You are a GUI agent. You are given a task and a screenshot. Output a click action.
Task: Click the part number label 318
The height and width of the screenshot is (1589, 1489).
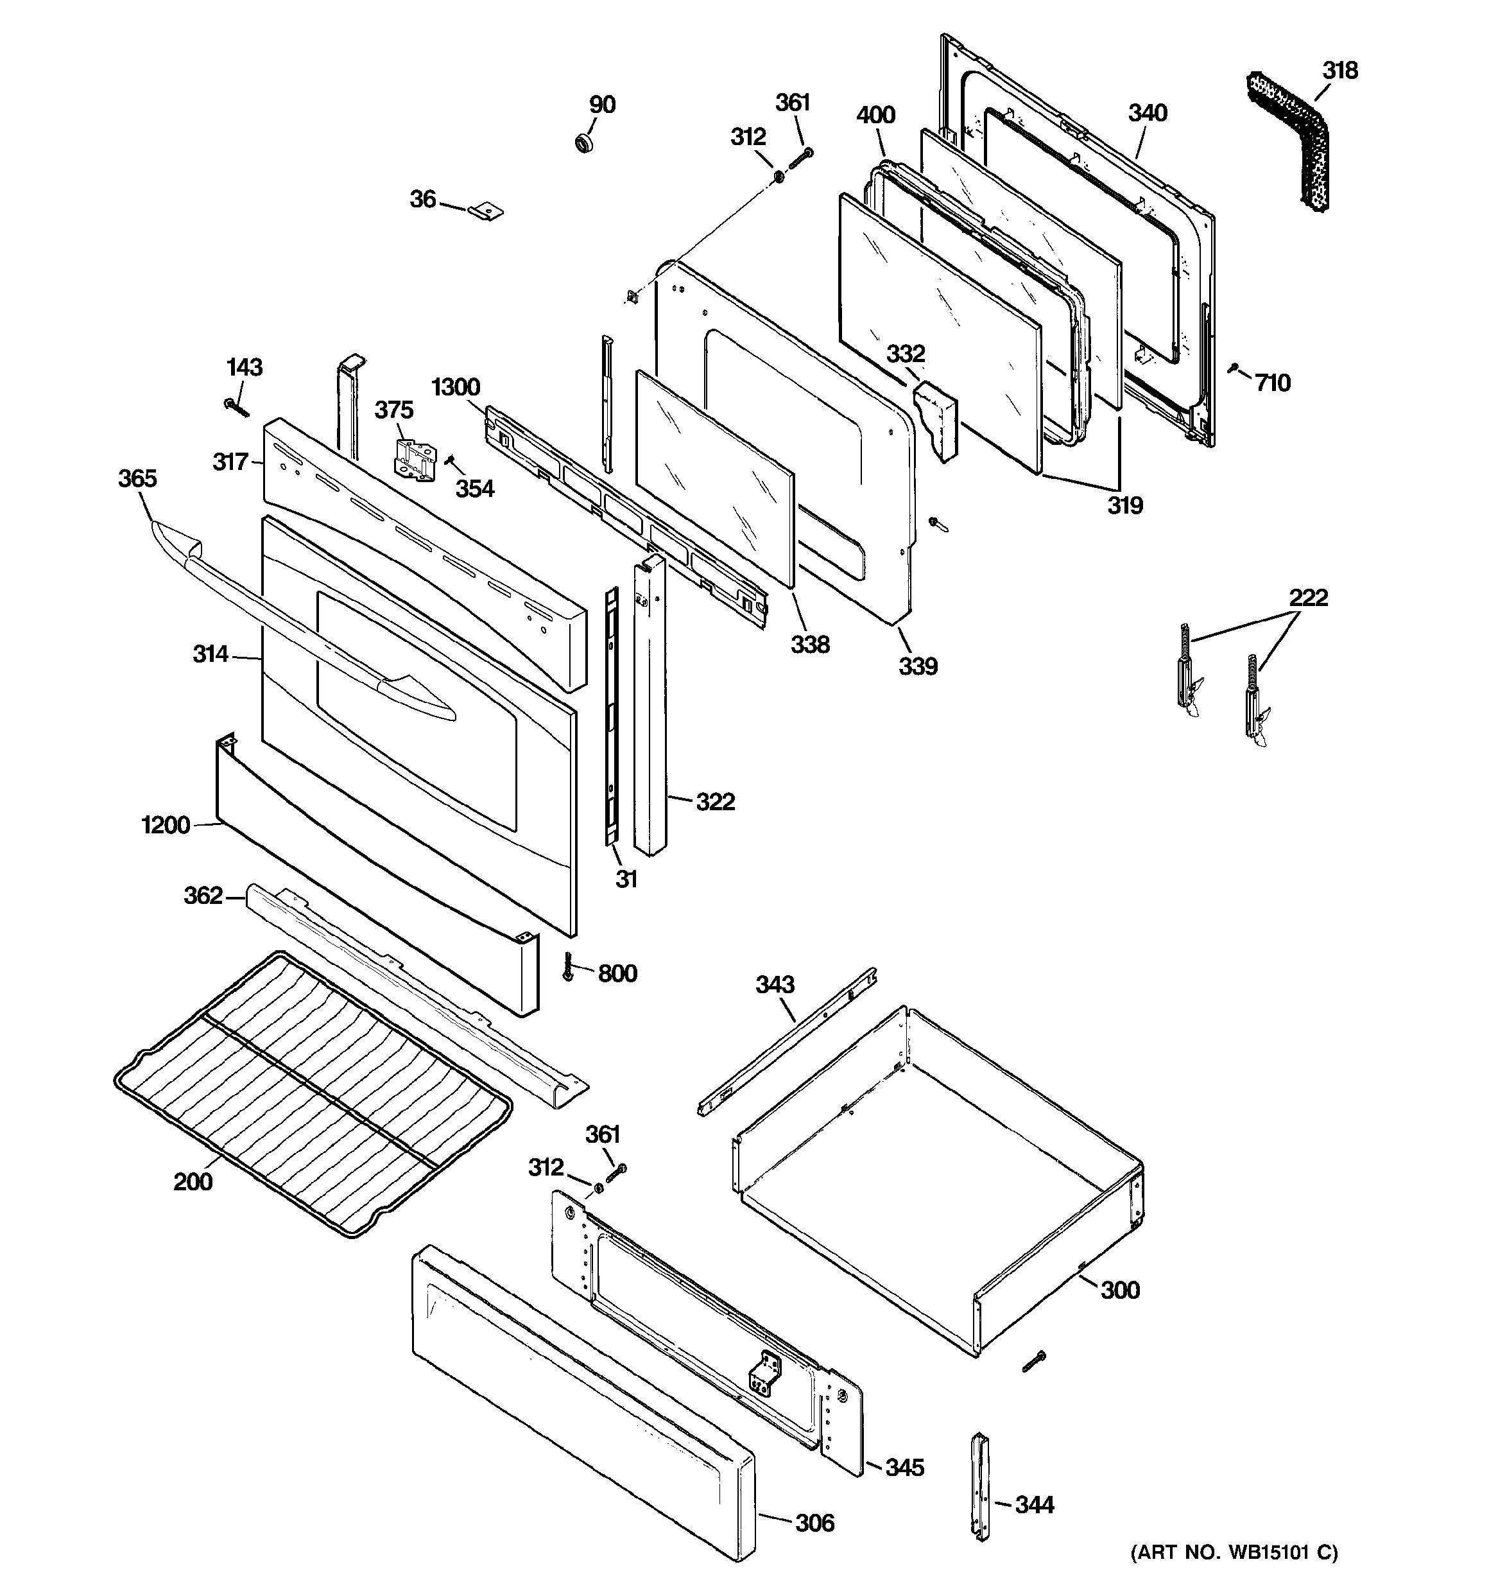click(1339, 71)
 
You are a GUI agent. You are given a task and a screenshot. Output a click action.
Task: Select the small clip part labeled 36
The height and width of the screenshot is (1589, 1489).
click(486, 211)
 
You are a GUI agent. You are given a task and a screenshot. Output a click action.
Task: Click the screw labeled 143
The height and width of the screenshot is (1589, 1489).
click(237, 408)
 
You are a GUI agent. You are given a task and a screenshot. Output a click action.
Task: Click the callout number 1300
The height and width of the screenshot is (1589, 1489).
click(456, 388)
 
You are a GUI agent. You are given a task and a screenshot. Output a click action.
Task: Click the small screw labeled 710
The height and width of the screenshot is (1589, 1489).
click(1234, 369)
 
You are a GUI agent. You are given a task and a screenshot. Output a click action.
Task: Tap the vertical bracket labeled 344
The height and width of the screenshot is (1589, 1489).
click(980, 1486)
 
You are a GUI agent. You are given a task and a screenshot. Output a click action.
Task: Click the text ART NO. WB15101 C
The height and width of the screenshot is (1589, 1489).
click(1234, 1552)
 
